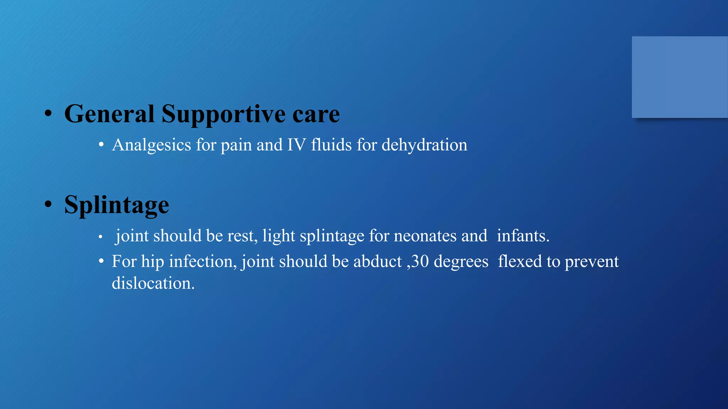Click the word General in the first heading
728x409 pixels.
click(x=109, y=114)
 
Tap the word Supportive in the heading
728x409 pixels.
click(x=224, y=115)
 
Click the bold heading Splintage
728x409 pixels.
click(x=117, y=205)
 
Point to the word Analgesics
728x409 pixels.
click(x=152, y=145)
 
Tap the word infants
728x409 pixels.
click(x=523, y=236)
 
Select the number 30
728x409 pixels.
click(x=420, y=262)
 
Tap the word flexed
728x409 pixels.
click(x=520, y=262)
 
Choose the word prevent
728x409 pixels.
click(x=591, y=262)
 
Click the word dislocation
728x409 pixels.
click(x=153, y=283)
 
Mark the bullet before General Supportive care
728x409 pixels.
click(x=48, y=114)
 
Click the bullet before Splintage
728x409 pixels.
click(x=48, y=204)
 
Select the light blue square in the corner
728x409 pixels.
click(x=680, y=77)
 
